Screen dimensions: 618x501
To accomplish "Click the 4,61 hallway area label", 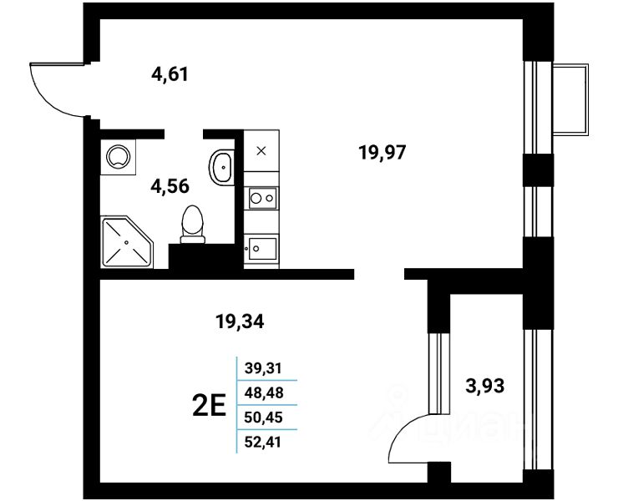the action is click(170, 74).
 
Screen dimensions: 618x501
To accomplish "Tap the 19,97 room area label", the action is click(382, 152).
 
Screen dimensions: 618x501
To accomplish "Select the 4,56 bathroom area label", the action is click(170, 185).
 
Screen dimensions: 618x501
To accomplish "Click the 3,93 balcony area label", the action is click(484, 385).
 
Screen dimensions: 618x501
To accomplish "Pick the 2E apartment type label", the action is click(209, 407).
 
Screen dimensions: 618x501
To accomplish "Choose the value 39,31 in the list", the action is click(263, 367).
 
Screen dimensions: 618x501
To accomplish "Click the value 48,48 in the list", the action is click(263, 390).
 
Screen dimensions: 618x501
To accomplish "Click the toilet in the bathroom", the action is click(192, 224).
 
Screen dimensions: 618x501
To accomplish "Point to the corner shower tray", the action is click(126, 242).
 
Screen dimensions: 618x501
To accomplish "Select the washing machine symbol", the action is click(117, 156).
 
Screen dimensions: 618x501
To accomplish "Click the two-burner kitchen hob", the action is click(261, 199).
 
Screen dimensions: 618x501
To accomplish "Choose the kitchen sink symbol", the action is click(261, 247).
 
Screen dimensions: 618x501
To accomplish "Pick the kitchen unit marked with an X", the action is click(261, 151).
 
